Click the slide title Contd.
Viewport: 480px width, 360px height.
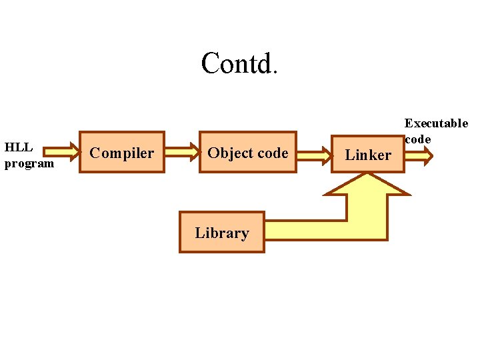point(238,63)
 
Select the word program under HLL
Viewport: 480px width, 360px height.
point(29,163)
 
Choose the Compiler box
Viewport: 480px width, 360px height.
point(122,153)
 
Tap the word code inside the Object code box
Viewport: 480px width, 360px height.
point(273,153)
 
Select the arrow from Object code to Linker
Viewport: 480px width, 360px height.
point(313,155)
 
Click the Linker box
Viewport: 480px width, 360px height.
point(367,155)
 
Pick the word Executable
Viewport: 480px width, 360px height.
point(436,123)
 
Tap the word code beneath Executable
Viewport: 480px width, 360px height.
point(418,139)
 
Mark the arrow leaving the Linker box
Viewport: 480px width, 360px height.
point(419,156)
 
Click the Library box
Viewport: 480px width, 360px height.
point(222,233)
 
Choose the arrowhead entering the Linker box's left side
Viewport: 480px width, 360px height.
point(326,155)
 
